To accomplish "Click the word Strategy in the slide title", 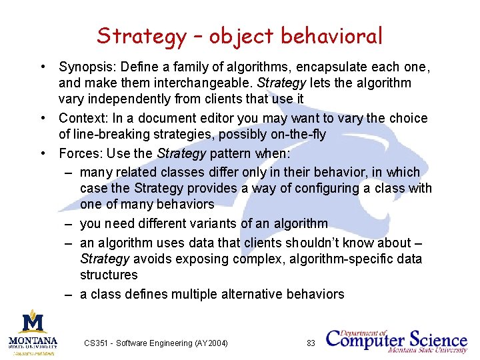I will pyautogui.click(x=142, y=36).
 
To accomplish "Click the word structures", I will pyautogui.click(x=109, y=275).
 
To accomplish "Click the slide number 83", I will pyautogui.click(x=311, y=343).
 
